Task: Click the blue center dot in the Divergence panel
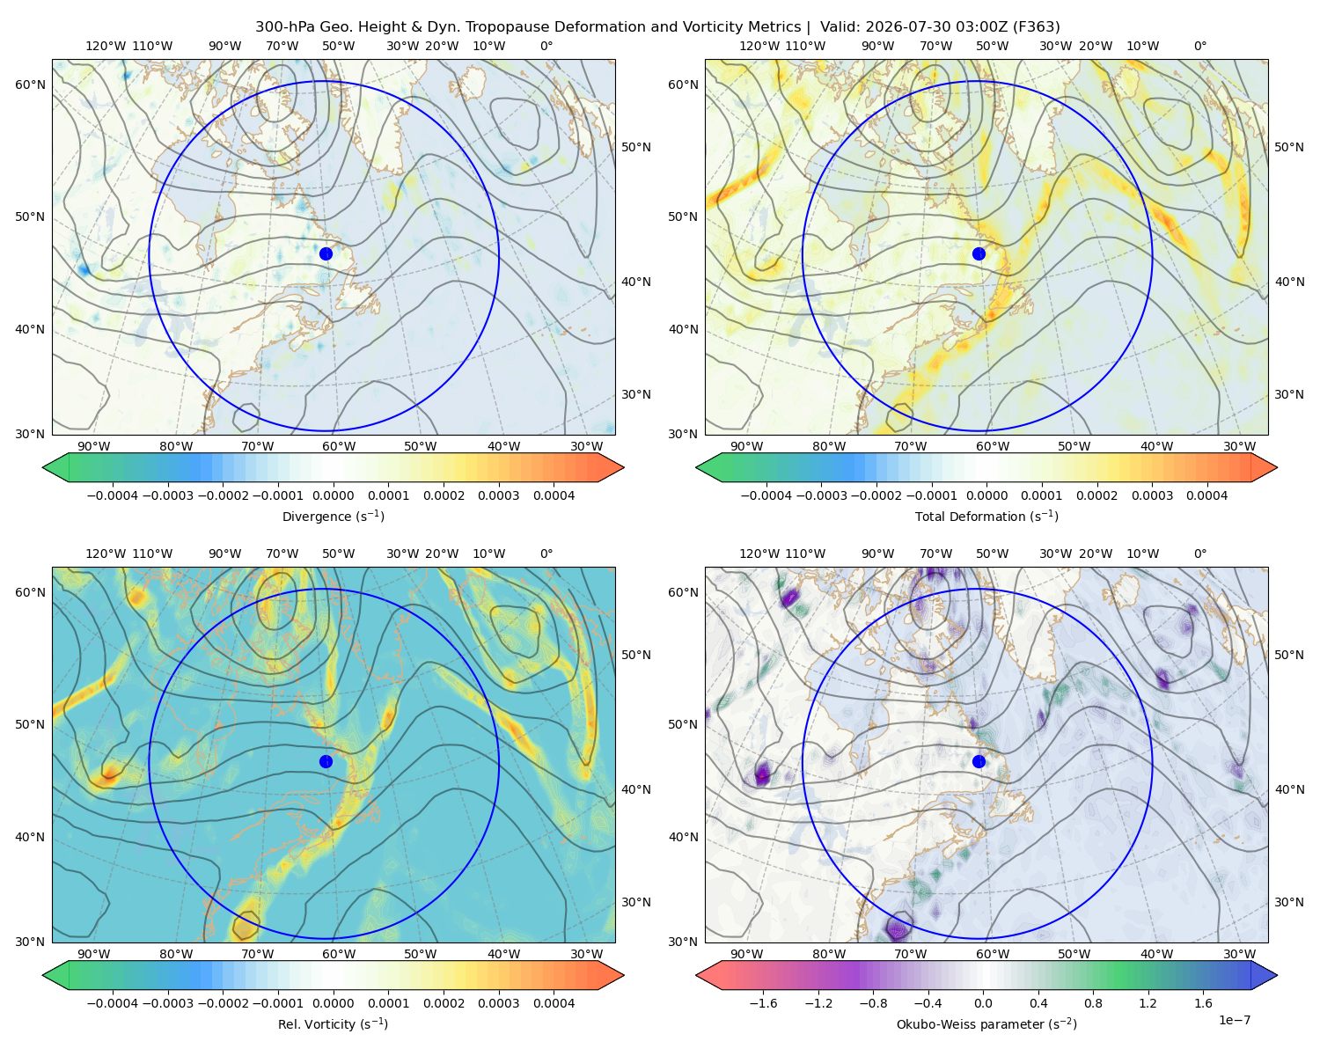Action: pyautogui.click(x=326, y=253)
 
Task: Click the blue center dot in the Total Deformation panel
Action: pyautogui.click(x=979, y=253)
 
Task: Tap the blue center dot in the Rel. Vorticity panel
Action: pyautogui.click(x=326, y=761)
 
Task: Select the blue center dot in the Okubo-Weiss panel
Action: pyautogui.click(x=979, y=761)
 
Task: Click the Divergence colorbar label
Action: pyautogui.click(x=333, y=516)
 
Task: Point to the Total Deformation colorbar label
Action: pyautogui.click(x=986, y=516)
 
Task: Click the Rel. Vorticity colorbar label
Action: pyautogui.click(x=333, y=1023)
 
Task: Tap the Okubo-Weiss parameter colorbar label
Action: pyautogui.click(x=986, y=1023)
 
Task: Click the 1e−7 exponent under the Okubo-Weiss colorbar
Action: pyautogui.click(x=1234, y=1020)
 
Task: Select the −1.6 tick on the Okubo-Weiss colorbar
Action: pyautogui.click(x=763, y=1002)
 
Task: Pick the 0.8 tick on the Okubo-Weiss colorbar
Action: pyautogui.click(x=1093, y=1002)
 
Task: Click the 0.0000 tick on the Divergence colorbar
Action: pyautogui.click(x=333, y=495)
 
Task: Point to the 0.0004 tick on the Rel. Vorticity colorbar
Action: pyautogui.click(x=554, y=1002)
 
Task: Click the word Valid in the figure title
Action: pyautogui.click(x=835, y=27)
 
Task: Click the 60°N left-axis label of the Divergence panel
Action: pyautogui.click(x=30, y=84)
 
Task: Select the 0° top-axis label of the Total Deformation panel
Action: pyautogui.click(x=1199, y=46)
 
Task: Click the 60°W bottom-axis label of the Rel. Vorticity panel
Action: pyautogui.click(x=339, y=954)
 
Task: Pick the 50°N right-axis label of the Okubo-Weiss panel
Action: pyautogui.click(x=1288, y=655)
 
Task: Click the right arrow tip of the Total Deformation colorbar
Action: pyautogui.click(x=1277, y=467)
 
